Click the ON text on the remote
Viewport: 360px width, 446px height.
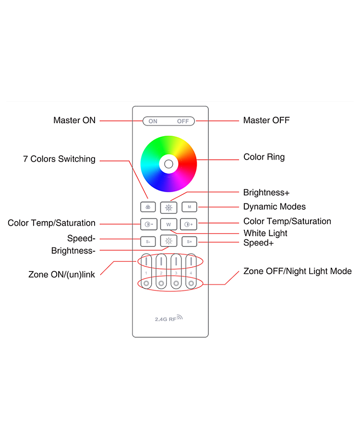pos(153,121)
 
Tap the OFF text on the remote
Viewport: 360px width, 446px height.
pos(183,121)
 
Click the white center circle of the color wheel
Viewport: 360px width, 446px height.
pos(168,164)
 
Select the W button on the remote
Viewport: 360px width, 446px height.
pos(168,224)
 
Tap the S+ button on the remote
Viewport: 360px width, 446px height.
pos(189,242)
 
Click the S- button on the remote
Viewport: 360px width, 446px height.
pos(148,242)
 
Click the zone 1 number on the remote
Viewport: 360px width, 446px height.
pos(146,273)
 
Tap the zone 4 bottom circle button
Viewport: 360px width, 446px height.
pos(191,283)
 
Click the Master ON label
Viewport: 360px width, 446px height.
pos(74,120)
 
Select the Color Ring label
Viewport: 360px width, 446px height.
pos(264,157)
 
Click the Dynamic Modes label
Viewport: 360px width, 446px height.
pos(275,207)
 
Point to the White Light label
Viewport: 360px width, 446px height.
pos(265,233)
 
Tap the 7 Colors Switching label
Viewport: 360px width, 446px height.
pos(59,159)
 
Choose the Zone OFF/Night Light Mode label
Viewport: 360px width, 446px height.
pos(298,271)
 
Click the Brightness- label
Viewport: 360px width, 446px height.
pos(73,251)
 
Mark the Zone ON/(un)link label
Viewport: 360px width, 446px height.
pos(61,274)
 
